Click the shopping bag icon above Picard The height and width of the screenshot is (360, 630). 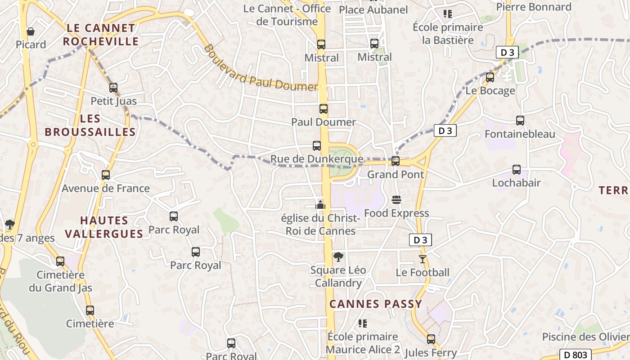[31, 31]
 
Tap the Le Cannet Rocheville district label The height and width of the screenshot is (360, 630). [100, 35]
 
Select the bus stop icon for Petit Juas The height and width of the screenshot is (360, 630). [113, 88]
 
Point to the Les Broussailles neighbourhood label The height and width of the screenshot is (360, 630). [90, 125]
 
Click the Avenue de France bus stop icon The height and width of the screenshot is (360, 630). [106, 175]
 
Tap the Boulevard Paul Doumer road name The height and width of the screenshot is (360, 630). [261, 68]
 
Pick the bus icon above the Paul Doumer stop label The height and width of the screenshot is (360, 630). [324, 109]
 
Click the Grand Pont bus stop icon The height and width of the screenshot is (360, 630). [396, 161]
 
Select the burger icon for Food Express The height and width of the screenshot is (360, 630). [396, 200]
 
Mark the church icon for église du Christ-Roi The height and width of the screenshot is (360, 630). [320, 205]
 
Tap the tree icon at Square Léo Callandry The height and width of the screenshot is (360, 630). [338, 257]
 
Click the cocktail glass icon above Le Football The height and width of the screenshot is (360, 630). [423, 259]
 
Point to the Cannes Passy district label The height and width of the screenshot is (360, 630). [376, 304]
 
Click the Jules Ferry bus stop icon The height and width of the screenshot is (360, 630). [431, 339]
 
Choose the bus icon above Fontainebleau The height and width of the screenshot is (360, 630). [520, 121]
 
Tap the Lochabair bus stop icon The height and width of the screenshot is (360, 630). [517, 170]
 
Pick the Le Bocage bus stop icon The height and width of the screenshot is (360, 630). [490, 77]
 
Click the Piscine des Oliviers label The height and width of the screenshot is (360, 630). [585, 337]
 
